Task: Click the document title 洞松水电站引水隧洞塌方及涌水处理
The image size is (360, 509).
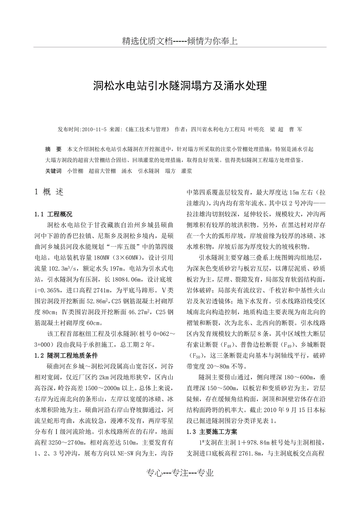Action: [x=180, y=86]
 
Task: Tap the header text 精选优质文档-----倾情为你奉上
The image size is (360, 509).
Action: [x=180, y=41]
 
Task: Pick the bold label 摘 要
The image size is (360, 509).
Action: [x=54, y=149]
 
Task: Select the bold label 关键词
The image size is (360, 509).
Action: [x=54, y=171]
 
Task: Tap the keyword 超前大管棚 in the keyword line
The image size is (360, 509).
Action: [x=102, y=171]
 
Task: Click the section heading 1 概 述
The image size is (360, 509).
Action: [x=49, y=192]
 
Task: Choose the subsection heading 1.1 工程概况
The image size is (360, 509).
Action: [x=54, y=214]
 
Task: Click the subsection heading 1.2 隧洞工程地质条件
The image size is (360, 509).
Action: [x=66, y=355]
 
